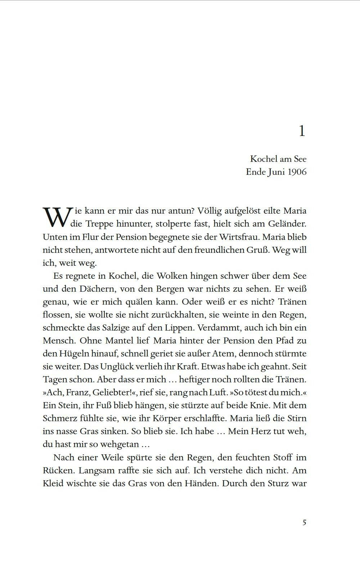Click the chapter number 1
(302, 131)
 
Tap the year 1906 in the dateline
(297, 172)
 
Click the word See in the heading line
(300, 159)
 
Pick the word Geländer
(287, 224)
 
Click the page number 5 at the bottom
(304, 523)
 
